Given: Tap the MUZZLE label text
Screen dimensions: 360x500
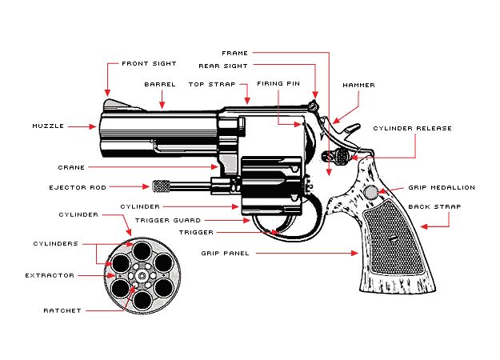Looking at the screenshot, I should [x=47, y=126].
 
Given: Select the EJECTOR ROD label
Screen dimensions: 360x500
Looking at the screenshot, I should [x=74, y=187].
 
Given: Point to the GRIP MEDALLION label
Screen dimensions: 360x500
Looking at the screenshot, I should [x=442, y=187].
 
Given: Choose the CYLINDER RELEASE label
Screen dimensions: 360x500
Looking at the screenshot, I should [x=412, y=128].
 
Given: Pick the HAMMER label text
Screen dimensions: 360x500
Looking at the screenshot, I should [x=358, y=85].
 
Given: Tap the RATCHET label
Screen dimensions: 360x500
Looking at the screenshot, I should [x=62, y=310].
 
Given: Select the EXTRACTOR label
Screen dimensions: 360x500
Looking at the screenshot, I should [x=50, y=275].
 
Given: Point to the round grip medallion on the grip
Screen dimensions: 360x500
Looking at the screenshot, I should [x=371, y=192].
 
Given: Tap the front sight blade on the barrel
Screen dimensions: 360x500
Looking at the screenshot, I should [x=112, y=103].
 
